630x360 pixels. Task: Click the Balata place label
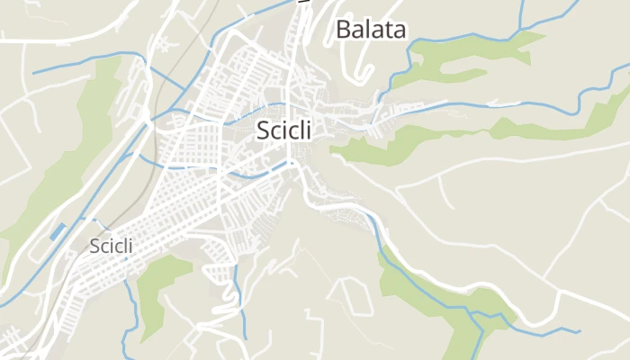[x=371, y=30]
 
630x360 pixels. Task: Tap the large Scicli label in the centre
[x=283, y=130]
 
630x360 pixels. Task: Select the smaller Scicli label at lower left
[x=112, y=246]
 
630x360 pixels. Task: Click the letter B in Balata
[x=343, y=30]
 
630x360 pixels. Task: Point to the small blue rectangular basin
[x=58, y=231]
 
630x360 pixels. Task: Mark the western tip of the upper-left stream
[x=33, y=72]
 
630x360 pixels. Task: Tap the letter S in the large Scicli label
[x=263, y=130]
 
